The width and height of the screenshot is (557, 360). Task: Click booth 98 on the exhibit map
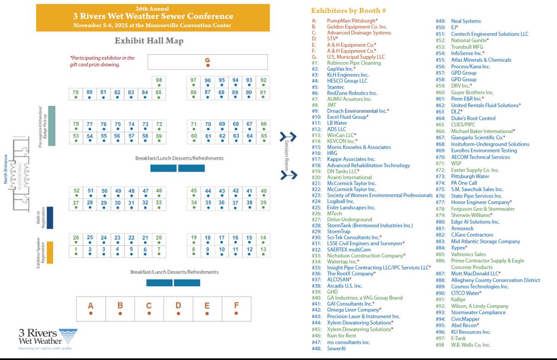pos(159,82)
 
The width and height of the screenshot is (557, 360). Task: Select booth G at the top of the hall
pos(207,62)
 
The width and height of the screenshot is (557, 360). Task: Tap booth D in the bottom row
pos(178,308)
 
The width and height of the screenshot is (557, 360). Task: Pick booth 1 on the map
pos(76,251)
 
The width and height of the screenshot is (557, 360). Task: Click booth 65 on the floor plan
pos(264,138)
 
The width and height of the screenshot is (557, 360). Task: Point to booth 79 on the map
pos(76,94)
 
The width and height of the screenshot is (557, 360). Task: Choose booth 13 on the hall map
pos(263,251)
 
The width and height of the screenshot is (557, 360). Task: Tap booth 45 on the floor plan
pos(194,193)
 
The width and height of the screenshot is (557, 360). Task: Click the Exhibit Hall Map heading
pos(149,41)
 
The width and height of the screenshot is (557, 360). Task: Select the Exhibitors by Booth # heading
pos(349,10)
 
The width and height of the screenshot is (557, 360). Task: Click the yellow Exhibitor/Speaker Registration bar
pos(50,252)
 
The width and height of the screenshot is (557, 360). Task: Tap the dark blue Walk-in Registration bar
pos(50,218)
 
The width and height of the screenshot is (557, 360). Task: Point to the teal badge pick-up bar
pos(52,125)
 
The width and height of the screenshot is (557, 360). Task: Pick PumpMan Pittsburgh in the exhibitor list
pos(352,21)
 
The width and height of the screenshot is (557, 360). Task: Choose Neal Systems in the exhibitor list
pos(466,21)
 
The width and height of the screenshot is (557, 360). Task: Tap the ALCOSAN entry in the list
pos(339,280)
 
